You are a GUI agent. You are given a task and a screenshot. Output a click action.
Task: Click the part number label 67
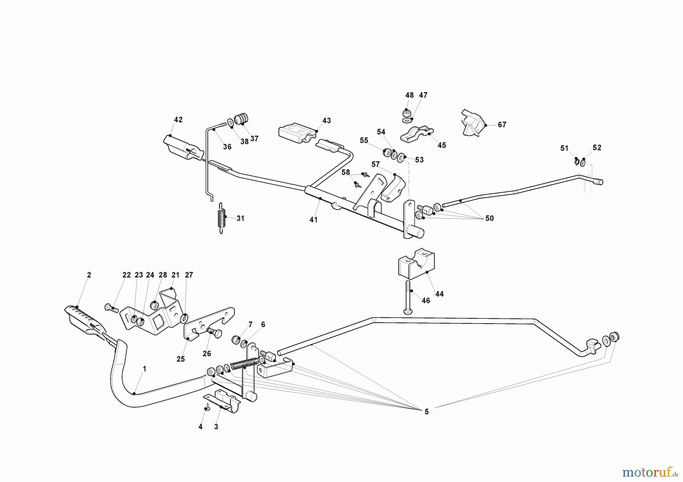(x=502, y=125)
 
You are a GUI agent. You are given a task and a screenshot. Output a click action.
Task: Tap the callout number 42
(x=178, y=120)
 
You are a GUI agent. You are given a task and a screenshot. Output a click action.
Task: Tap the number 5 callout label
(x=426, y=412)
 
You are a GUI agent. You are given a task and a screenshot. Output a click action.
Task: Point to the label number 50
(x=489, y=218)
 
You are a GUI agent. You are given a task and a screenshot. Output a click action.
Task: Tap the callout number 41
(x=313, y=220)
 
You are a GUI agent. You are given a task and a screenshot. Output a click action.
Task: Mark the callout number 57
(x=375, y=164)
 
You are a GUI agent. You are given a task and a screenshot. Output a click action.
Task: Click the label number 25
(x=181, y=359)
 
